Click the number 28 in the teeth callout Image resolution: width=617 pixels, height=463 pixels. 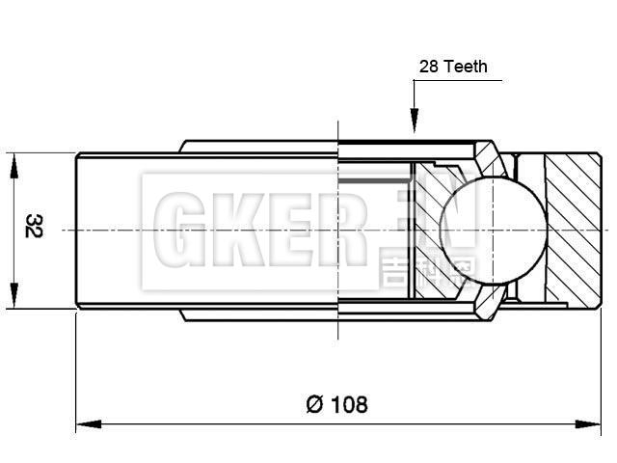click(x=429, y=67)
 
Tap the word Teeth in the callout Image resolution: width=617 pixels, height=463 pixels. click(x=466, y=67)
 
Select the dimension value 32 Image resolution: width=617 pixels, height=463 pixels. click(x=33, y=227)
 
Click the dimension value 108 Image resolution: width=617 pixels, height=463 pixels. click(x=350, y=404)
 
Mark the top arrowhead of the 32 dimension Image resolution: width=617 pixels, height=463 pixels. click(x=13, y=163)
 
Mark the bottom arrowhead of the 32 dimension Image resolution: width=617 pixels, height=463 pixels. click(x=13, y=298)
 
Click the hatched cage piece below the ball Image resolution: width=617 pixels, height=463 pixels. click(x=490, y=299)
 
